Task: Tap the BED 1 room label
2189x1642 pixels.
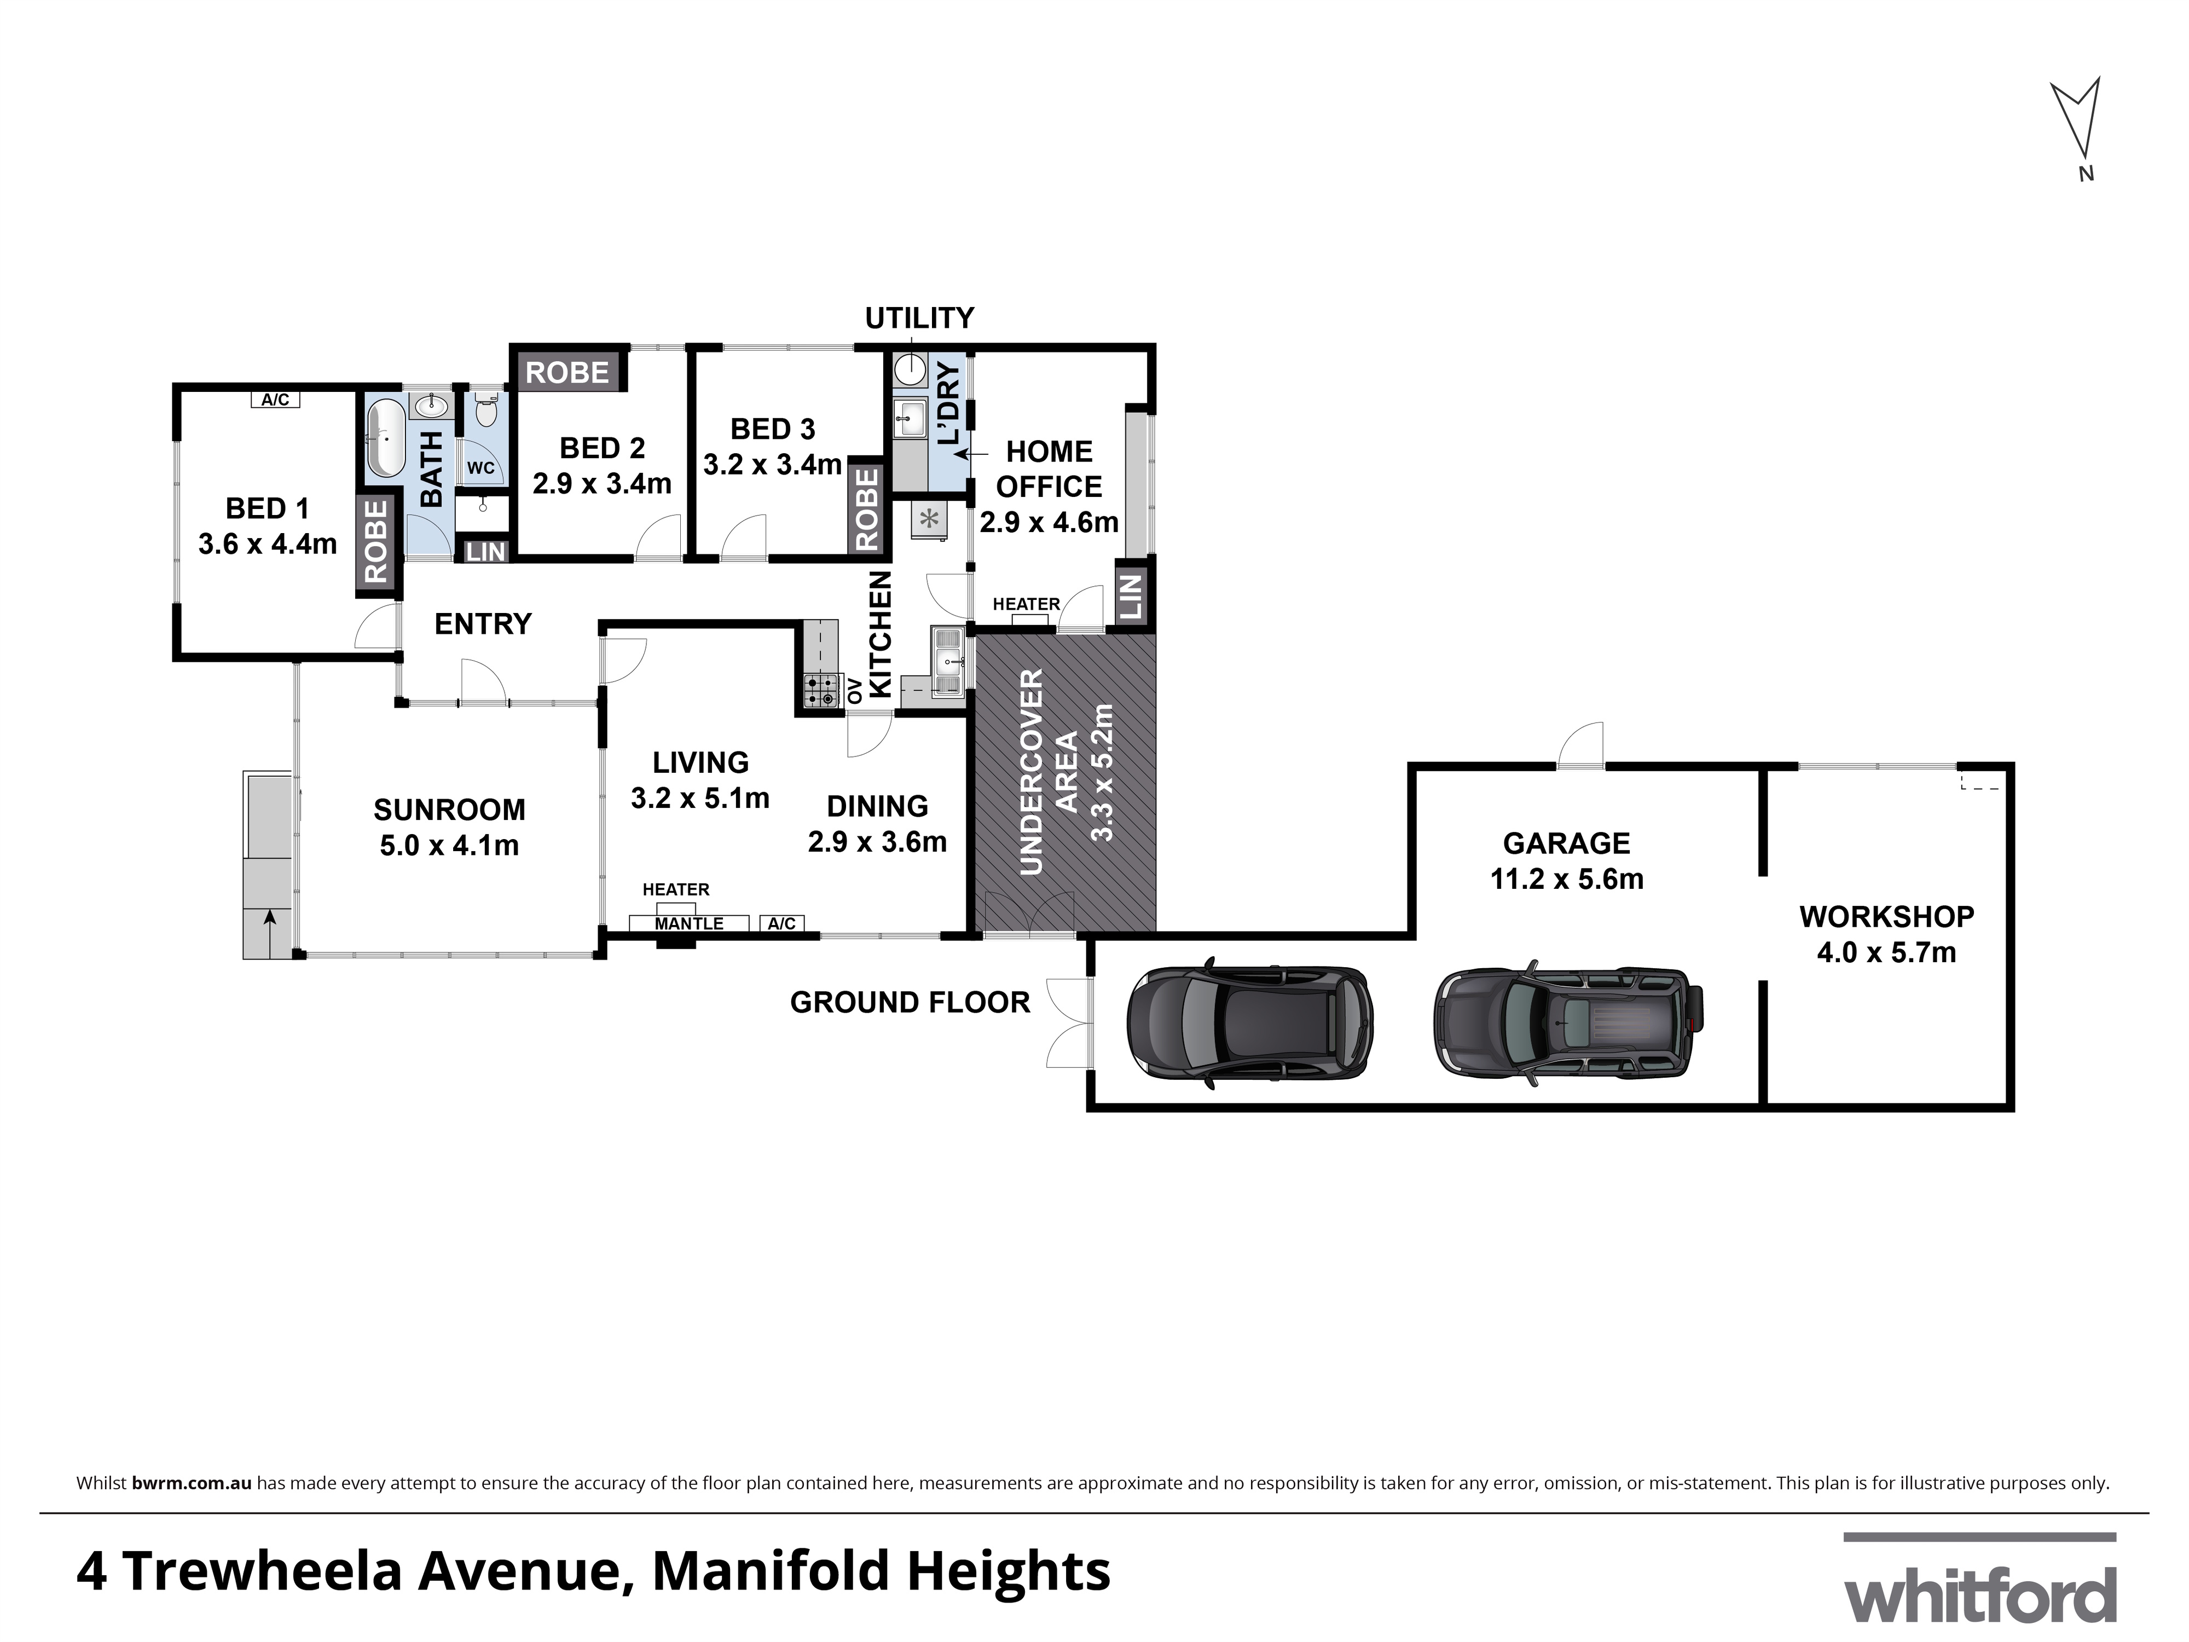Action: tap(267, 508)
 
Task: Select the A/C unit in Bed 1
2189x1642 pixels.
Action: tap(275, 400)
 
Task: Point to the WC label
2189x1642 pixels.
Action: tap(481, 468)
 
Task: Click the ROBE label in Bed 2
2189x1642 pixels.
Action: tap(567, 373)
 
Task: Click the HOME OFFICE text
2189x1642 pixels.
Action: tap(1049, 469)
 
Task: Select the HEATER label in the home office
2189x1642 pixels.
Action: tap(1026, 604)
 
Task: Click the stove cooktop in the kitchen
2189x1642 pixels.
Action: tap(820, 691)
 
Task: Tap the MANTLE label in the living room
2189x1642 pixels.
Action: tap(689, 923)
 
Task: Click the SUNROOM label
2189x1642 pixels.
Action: tap(449, 810)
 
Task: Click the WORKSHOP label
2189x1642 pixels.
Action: tap(1886, 917)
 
